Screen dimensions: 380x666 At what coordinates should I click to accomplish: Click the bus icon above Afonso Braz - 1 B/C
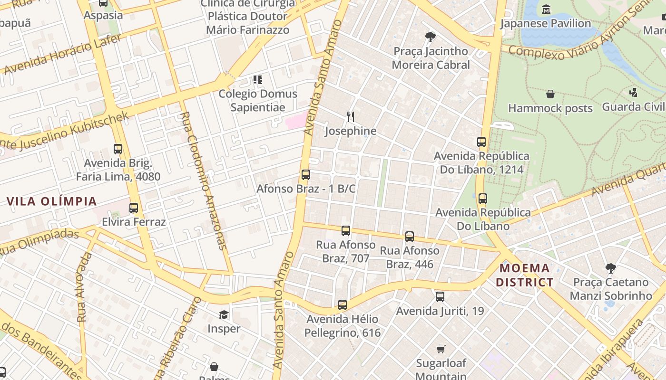[306, 175]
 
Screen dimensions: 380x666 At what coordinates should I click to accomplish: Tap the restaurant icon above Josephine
[351, 117]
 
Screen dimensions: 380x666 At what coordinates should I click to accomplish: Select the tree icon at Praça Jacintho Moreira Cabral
[431, 37]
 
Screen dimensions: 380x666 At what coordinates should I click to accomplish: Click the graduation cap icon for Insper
[224, 314]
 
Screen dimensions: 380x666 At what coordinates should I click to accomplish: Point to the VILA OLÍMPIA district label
[52, 201]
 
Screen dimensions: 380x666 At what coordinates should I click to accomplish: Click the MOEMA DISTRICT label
[525, 275]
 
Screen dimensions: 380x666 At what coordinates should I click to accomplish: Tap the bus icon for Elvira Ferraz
[134, 208]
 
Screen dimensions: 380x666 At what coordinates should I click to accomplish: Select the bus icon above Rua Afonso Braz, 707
[346, 231]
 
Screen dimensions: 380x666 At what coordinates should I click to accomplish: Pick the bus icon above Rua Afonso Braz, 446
[410, 237]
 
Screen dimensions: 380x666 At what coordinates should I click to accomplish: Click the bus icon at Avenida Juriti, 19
[440, 297]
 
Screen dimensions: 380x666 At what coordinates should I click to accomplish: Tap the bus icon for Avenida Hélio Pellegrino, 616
[343, 305]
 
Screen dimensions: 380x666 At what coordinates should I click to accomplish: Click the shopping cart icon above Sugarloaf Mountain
[441, 349]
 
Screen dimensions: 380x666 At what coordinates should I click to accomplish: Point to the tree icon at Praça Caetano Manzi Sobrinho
[611, 268]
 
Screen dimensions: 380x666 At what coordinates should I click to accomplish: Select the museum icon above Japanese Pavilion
[546, 9]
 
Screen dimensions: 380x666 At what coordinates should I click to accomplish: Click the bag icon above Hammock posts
[550, 94]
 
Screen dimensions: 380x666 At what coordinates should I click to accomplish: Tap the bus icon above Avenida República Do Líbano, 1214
[481, 142]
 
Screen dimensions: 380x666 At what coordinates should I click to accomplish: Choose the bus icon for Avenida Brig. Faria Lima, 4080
[118, 149]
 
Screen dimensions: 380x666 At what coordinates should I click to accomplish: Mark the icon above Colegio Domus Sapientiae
[258, 80]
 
